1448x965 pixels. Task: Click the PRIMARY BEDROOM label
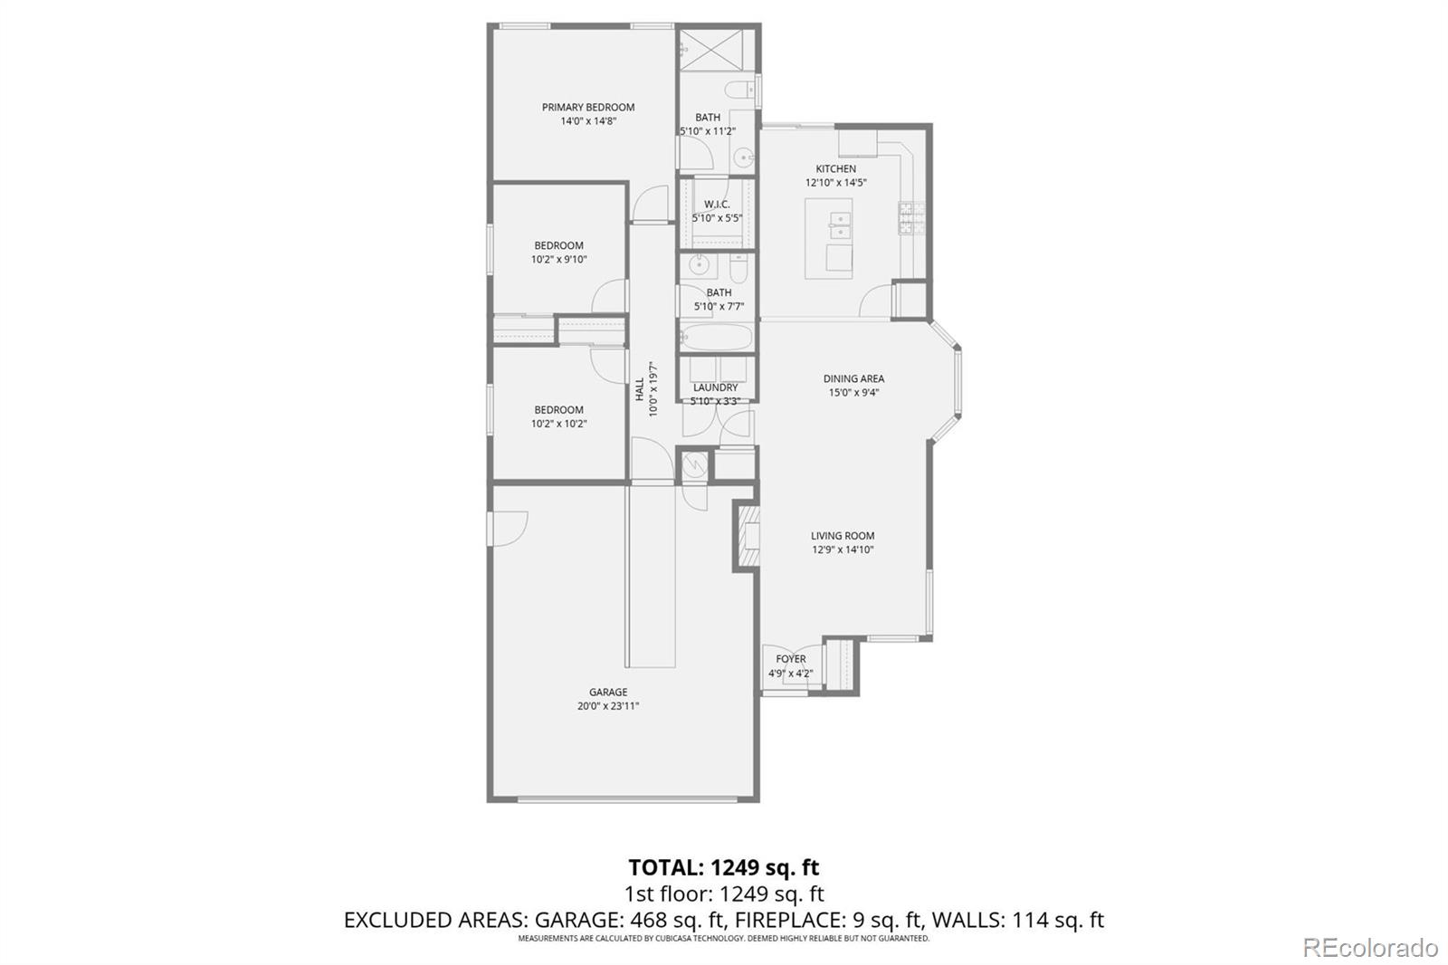tap(588, 107)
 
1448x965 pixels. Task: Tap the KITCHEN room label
tap(835, 168)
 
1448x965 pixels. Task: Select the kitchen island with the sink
tap(829, 238)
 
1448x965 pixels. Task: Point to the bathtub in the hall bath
tap(717, 339)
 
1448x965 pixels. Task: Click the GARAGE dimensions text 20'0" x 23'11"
tap(608, 706)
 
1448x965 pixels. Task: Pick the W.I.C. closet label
tap(717, 204)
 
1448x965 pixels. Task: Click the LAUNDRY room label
tap(715, 387)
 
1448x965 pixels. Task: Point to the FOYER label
tap(790, 659)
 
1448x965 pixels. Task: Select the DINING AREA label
tap(853, 378)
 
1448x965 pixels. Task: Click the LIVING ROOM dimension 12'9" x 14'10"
tap(842, 549)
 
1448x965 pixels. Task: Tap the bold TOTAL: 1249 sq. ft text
tap(723, 867)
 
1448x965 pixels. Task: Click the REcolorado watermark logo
tap(1369, 948)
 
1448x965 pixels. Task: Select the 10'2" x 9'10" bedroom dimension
tap(558, 259)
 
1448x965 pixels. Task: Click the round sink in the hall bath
tap(698, 265)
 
